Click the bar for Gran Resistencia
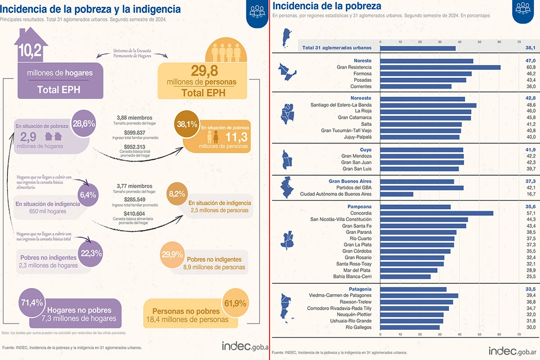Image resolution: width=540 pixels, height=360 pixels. pyautogui.click(x=440, y=67)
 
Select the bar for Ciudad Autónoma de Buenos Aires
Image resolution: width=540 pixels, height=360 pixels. pyautogui.click(x=396, y=194)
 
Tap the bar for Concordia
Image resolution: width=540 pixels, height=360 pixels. pyautogui.click(x=436, y=213)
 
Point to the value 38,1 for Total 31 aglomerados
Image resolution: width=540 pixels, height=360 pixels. pyautogui.click(x=531, y=48)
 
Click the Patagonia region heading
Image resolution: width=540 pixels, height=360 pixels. pyautogui.click(x=360, y=288)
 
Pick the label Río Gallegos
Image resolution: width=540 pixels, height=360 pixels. pyautogui.click(x=359, y=327)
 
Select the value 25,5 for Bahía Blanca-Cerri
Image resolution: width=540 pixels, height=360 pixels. pyautogui.click(x=531, y=276)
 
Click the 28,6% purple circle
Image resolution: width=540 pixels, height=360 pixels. pyautogui.click(x=83, y=122)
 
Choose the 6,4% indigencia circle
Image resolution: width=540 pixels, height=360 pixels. pyautogui.click(x=88, y=195)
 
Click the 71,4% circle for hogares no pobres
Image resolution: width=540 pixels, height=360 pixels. pyautogui.click(x=31, y=302)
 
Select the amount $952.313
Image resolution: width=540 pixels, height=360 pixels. pyautogui.click(x=137, y=147)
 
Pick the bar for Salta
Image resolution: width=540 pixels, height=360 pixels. pyautogui.click(x=421, y=124)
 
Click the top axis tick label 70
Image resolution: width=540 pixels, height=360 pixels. pyautogui.click(x=519, y=41)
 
